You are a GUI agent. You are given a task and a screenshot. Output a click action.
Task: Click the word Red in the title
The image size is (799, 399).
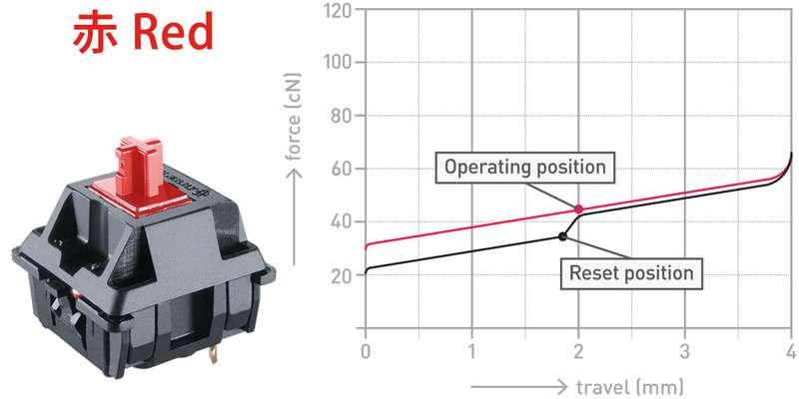click(x=173, y=33)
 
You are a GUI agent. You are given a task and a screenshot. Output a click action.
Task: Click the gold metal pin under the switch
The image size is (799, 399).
click(x=214, y=353)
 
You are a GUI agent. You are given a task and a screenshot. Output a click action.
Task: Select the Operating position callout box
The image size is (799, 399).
click(x=525, y=167)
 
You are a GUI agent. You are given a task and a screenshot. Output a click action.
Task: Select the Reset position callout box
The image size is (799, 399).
click(x=631, y=273)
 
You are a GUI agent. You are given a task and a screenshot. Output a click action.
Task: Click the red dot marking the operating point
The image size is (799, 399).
click(x=578, y=208)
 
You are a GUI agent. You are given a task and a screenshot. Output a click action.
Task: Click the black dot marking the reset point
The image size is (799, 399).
click(x=562, y=236)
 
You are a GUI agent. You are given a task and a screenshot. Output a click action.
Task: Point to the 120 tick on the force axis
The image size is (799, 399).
click(x=340, y=10)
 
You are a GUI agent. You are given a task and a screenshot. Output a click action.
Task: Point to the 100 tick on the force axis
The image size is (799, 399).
click(x=340, y=63)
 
